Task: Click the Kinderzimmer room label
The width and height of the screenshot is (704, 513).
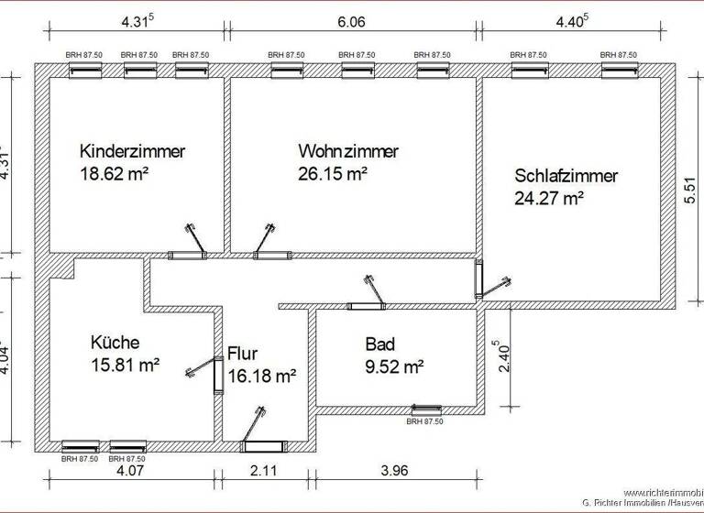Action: pyautogui.click(x=133, y=151)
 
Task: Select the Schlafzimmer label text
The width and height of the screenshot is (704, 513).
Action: pyautogui.click(x=566, y=176)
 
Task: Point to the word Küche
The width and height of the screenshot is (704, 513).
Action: pyautogui.click(x=115, y=343)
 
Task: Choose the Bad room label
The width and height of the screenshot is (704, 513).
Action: pyautogui.click(x=379, y=344)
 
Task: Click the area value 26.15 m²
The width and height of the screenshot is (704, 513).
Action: pyautogui.click(x=333, y=172)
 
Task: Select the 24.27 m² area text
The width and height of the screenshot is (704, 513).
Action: pyautogui.click(x=549, y=197)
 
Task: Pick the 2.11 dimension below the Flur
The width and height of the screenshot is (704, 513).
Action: pyautogui.click(x=262, y=475)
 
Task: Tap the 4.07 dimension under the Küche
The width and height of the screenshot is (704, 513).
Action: pyautogui.click(x=131, y=475)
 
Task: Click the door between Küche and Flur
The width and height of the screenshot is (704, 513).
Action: pyautogui.click(x=218, y=375)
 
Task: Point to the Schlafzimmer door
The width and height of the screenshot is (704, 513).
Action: pyautogui.click(x=479, y=278)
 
